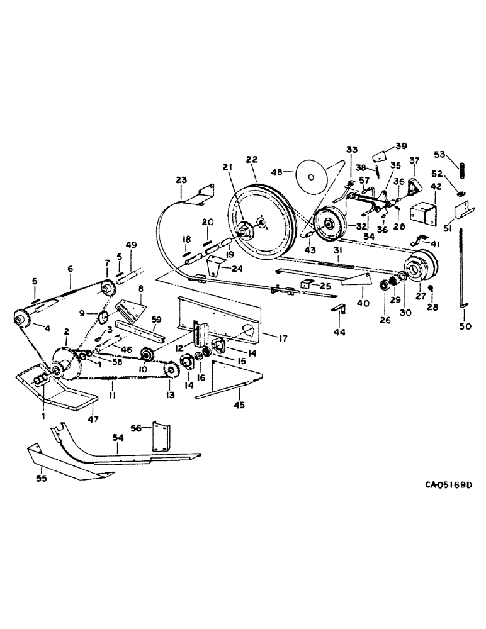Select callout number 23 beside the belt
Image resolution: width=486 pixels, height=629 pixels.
pos(181,180)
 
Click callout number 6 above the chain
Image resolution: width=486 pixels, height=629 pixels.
pos(71,267)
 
